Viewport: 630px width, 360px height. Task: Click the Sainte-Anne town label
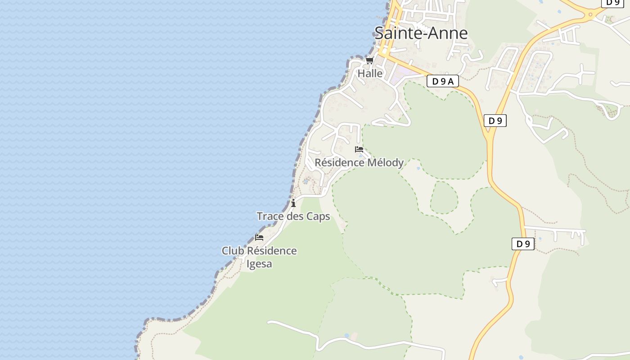pyautogui.click(x=421, y=33)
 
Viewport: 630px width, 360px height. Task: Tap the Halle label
pyautogui.click(x=370, y=73)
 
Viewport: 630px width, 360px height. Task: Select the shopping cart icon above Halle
pyautogui.click(x=369, y=60)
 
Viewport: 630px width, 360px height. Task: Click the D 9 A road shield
pyautogui.click(x=442, y=81)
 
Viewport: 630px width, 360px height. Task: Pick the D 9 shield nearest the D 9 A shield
pyautogui.click(x=495, y=121)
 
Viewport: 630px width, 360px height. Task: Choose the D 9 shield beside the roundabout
pyautogui.click(x=613, y=3)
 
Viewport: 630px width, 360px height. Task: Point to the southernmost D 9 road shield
pyautogui.click(x=523, y=244)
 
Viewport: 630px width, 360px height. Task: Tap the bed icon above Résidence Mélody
pyautogui.click(x=359, y=149)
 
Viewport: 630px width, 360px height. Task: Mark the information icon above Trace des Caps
pyautogui.click(x=293, y=203)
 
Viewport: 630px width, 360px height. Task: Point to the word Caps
pyautogui.click(x=318, y=216)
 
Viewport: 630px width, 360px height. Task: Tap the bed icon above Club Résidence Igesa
pyautogui.click(x=259, y=237)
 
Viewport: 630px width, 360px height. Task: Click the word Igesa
pyautogui.click(x=259, y=264)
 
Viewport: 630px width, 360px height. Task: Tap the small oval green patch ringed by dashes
pyautogui.click(x=444, y=197)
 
